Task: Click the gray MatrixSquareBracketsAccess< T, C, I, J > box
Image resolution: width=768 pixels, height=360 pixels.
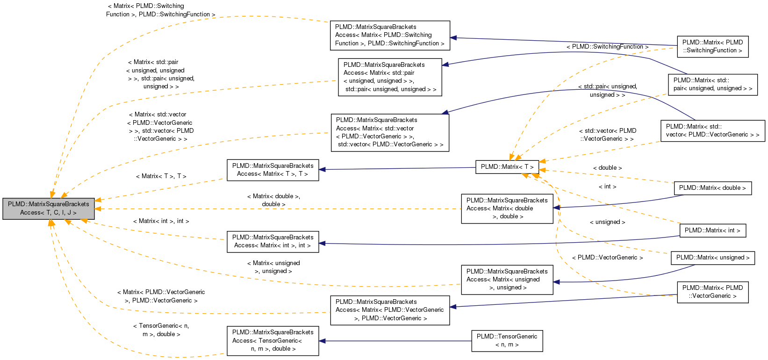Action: [x=49, y=209]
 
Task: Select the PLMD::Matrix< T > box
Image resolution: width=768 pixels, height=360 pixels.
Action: [x=507, y=167]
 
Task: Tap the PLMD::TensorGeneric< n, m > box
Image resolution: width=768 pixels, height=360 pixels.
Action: [x=507, y=340]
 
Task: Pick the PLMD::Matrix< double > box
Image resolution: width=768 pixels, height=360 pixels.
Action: [x=712, y=188]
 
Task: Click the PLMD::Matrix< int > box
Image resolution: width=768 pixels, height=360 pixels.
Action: [x=712, y=230]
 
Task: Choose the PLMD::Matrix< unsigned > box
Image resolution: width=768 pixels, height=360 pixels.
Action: [x=712, y=258]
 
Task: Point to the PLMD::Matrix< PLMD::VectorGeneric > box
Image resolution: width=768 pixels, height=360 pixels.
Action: [x=712, y=292]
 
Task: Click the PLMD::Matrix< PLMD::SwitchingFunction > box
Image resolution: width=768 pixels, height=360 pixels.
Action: [x=712, y=46]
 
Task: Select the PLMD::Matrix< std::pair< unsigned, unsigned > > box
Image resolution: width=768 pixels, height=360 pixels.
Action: [x=712, y=84]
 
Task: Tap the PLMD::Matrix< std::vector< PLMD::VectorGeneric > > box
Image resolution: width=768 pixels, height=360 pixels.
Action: [x=712, y=130]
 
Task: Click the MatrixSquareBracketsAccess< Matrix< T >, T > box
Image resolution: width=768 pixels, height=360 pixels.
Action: [x=273, y=170]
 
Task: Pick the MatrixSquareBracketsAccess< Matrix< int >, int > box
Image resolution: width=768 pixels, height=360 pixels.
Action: [x=273, y=241]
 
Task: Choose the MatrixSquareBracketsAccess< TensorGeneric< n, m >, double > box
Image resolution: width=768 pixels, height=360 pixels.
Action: [x=273, y=340]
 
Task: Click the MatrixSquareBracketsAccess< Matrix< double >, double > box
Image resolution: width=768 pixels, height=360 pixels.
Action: [x=507, y=209]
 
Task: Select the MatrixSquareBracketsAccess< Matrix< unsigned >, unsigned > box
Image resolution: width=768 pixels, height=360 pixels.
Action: [x=507, y=280]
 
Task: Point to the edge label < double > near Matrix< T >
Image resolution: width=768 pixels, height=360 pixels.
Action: [x=607, y=168]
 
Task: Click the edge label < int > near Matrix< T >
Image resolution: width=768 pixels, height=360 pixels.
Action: [x=607, y=187]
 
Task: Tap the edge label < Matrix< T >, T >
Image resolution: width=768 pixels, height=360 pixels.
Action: [x=161, y=176]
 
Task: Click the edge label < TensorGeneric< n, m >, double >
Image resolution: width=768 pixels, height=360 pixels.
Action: [x=161, y=330]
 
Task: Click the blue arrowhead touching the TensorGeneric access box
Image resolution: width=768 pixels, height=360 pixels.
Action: [x=323, y=341]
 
